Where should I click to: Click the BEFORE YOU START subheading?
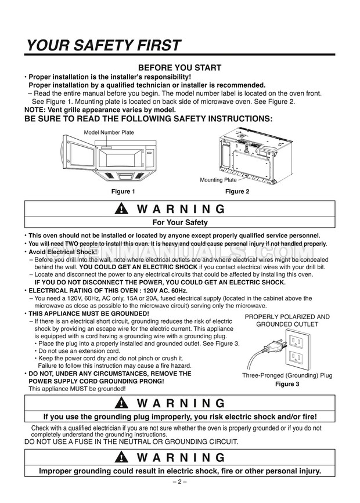tap(179, 68)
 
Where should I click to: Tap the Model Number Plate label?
tap(109, 133)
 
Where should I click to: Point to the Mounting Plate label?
tap(215, 180)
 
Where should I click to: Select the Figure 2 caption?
tap(238, 191)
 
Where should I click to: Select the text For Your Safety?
tap(180, 222)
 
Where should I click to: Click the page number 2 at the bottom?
tap(180, 482)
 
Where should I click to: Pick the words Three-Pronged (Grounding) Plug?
tap(287, 376)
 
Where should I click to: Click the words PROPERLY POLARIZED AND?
tap(287, 317)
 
